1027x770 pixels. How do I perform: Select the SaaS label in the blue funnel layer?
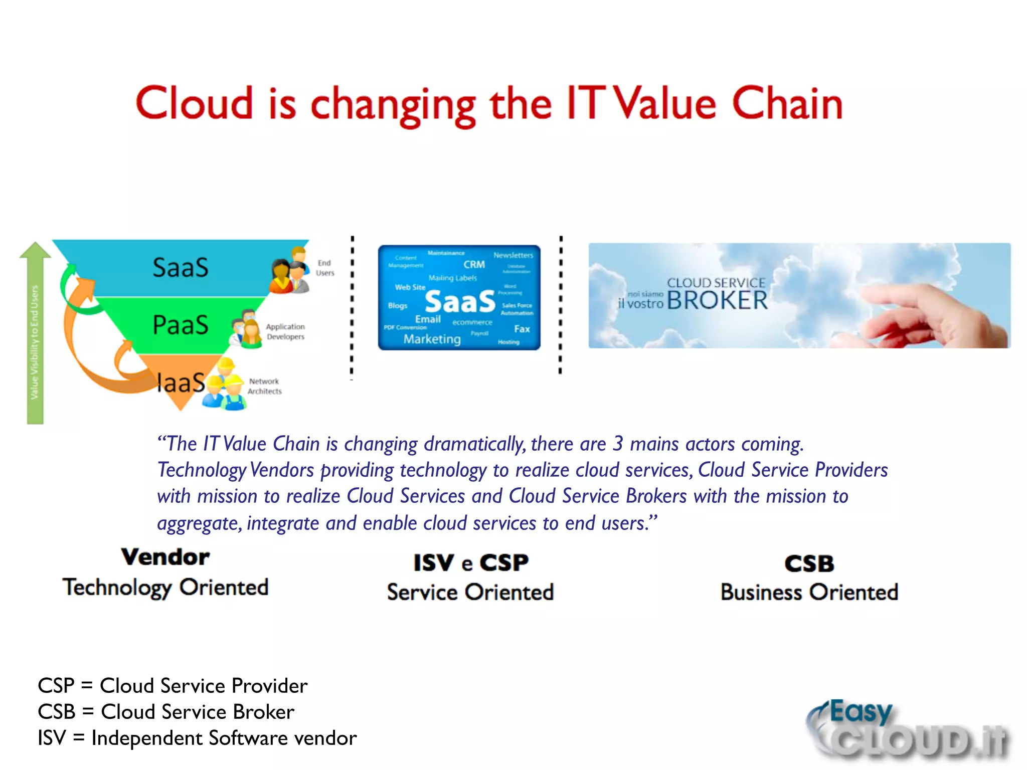pos(180,268)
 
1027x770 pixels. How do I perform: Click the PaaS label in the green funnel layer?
pos(180,325)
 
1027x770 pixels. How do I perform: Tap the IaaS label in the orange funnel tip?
pos(180,383)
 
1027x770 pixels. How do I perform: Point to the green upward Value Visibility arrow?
pos(35,331)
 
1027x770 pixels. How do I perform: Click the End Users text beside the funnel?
pos(325,268)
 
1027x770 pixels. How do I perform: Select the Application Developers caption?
pos(285,331)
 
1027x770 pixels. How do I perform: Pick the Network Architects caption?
pos(264,387)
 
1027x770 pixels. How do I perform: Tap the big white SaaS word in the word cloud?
pos(459,302)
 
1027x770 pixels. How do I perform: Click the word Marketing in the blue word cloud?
pos(432,339)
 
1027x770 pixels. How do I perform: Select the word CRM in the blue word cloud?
pos(474,265)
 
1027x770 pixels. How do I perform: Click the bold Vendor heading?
pos(165,557)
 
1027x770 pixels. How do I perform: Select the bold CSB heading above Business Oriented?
pos(809,563)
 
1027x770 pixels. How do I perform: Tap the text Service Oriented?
pos(470,593)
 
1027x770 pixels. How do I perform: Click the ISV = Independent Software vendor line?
pos(197,738)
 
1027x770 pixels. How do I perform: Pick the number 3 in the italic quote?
pos(618,444)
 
